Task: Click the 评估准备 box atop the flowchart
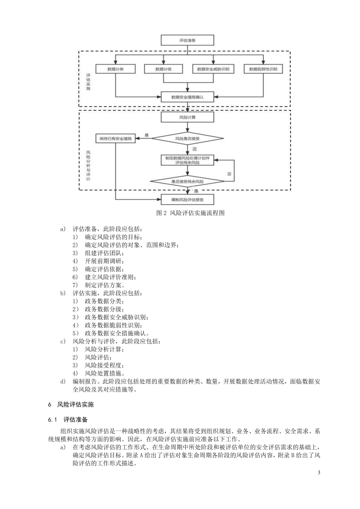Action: tap(187, 40)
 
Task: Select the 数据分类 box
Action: tap(115, 69)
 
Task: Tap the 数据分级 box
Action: tap(163, 69)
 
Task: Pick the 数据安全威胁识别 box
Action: tap(213, 69)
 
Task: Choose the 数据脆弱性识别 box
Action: tap(263, 69)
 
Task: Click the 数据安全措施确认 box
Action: tap(187, 97)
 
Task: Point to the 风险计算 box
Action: tap(187, 117)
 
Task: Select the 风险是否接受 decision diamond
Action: tap(187, 139)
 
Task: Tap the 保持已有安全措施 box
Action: tap(115, 139)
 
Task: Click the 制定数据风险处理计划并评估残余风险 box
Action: tap(187, 160)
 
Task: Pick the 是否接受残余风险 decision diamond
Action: tap(187, 181)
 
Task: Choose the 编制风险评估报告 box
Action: tap(187, 199)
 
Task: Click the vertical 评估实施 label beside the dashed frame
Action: tap(88, 82)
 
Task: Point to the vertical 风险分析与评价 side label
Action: tap(88, 166)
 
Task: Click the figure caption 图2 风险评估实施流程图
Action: tap(190, 213)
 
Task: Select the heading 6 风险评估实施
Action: tap(71, 405)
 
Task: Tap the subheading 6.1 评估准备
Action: tap(68, 420)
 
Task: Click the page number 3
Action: tap(319, 472)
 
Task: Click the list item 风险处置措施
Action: tap(98, 373)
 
